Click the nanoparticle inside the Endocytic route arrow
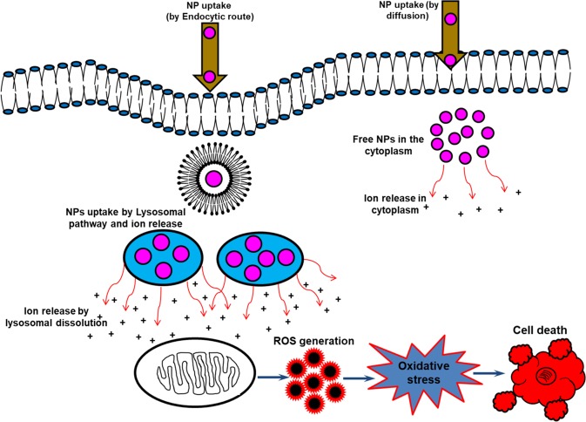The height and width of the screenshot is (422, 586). [210, 34]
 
